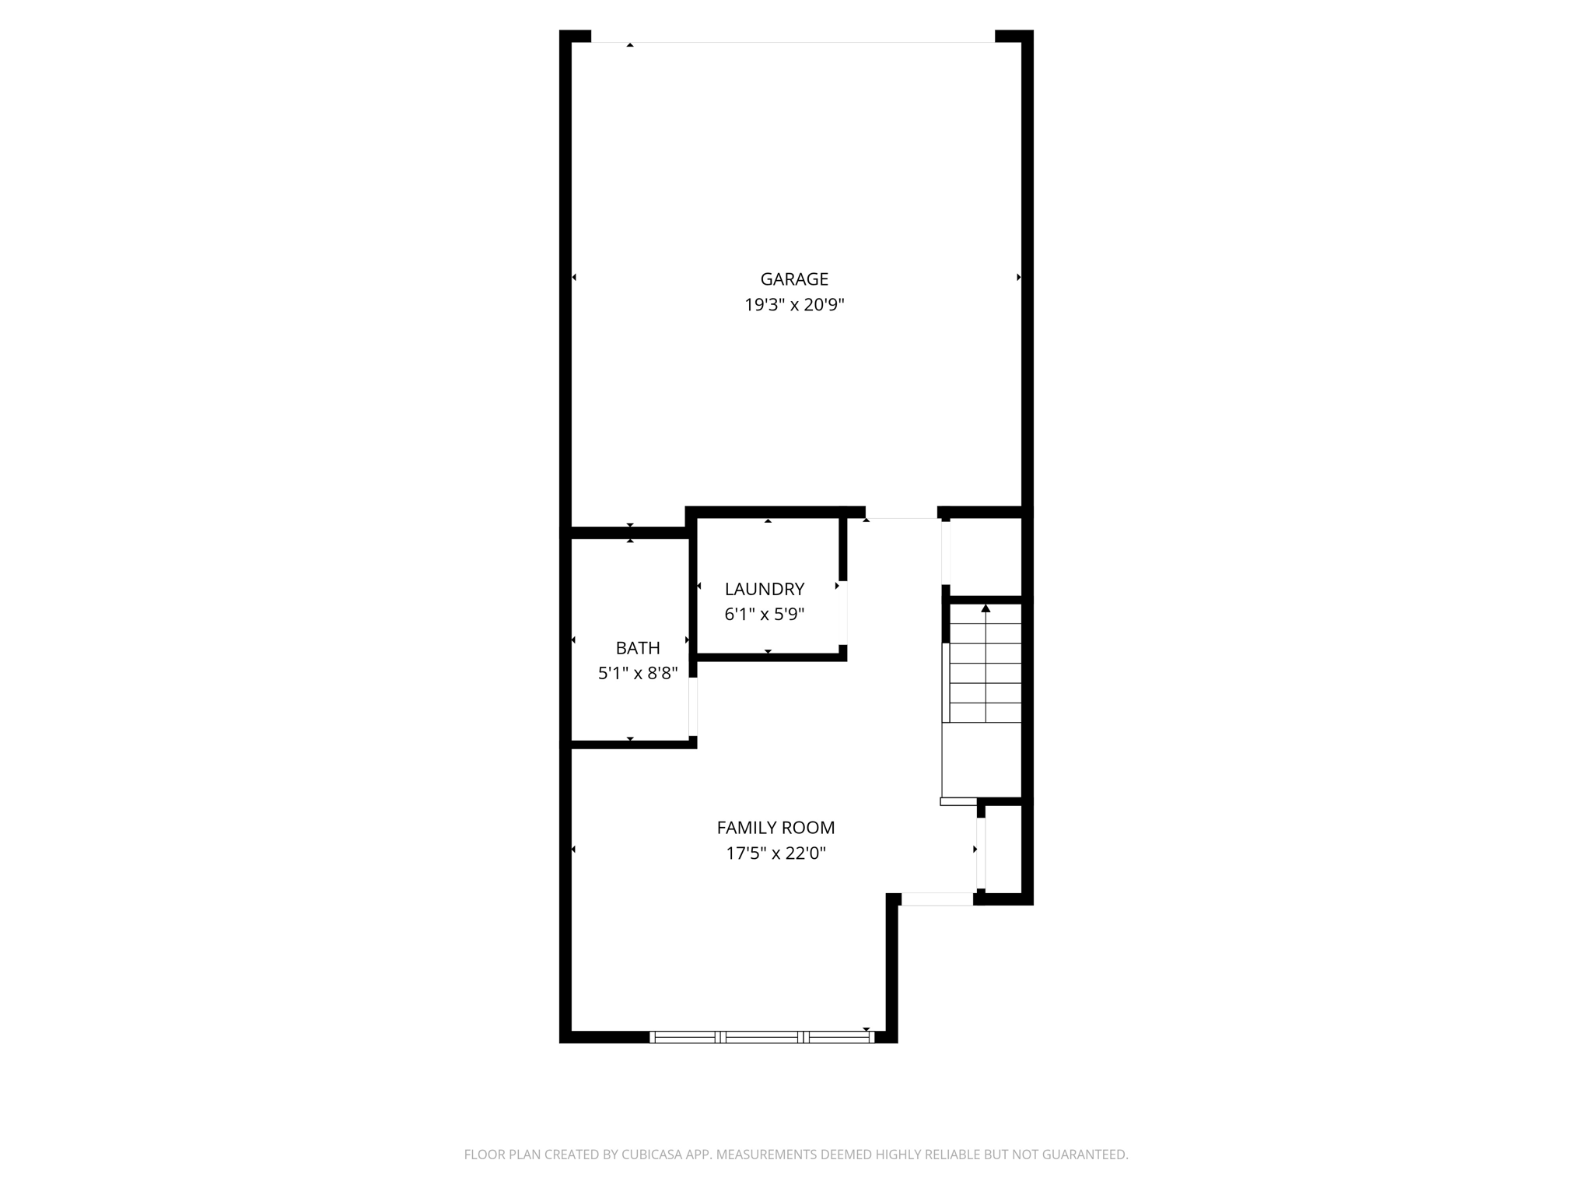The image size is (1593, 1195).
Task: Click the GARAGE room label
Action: (x=794, y=279)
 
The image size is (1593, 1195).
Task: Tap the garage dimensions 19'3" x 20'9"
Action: (x=794, y=305)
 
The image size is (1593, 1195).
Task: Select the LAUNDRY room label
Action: (x=764, y=589)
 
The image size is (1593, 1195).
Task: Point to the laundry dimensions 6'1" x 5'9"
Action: (x=764, y=615)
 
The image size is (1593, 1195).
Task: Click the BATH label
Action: (x=638, y=648)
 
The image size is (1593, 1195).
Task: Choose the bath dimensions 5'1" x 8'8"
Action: (x=638, y=674)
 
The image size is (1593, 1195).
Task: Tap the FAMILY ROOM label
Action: (x=775, y=828)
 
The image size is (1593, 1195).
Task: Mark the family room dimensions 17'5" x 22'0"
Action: (x=775, y=853)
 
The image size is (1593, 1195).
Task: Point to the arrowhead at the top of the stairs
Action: (x=986, y=608)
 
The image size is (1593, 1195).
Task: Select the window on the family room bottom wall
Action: (x=761, y=1036)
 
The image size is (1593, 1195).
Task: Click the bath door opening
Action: (x=693, y=706)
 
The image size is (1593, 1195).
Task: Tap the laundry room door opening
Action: (x=843, y=612)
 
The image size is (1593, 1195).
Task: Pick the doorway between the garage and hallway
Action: (x=902, y=514)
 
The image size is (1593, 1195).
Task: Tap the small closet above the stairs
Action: (x=986, y=556)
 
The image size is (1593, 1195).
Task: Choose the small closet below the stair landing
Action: (x=1003, y=849)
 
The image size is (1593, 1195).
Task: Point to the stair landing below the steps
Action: (x=981, y=759)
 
